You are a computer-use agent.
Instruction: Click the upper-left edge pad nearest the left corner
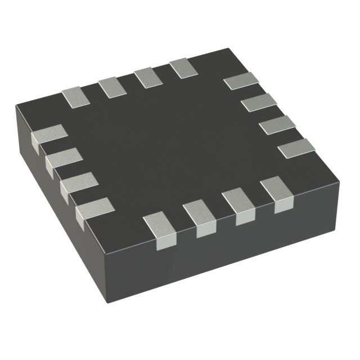(x=75, y=97)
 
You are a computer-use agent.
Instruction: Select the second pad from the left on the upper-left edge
(x=111, y=87)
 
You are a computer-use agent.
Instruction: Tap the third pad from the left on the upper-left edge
(x=147, y=77)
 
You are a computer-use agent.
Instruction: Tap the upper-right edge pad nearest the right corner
(x=296, y=148)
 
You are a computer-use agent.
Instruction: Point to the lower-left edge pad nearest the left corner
(x=49, y=137)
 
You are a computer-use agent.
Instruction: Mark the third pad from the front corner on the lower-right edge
(x=239, y=206)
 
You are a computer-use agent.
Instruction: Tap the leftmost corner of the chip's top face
(x=16, y=106)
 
